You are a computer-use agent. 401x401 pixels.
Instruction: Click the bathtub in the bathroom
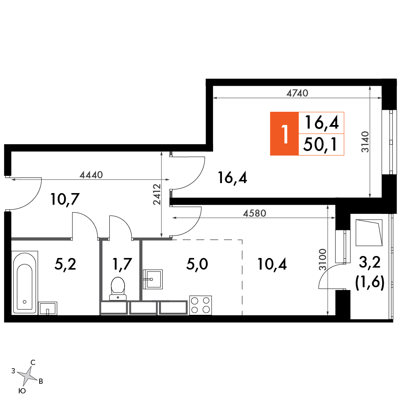coord(25,282)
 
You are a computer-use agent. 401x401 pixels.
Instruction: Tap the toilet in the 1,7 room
coord(118,288)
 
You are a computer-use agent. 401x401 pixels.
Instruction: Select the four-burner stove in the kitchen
coord(200,305)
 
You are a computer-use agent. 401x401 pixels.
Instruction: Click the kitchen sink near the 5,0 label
coord(153,279)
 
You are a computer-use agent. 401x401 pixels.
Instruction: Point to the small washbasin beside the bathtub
coord(48,308)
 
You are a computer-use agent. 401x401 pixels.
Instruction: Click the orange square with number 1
coord(284,133)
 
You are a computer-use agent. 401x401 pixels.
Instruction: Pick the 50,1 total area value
coord(321,145)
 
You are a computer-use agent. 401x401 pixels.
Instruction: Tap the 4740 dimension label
coord(297,93)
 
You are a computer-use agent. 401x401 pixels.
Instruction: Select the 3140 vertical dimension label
coord(365,142)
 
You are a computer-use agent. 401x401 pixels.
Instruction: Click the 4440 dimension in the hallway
coord(91,175)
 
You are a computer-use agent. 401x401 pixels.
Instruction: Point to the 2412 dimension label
coord(157,194)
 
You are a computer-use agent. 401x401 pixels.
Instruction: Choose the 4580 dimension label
coord(254,213)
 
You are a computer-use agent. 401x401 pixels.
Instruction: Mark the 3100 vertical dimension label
coord(323,259)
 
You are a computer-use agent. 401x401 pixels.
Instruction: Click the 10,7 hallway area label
coord(65,199)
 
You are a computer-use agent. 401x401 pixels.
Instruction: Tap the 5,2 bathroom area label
coord(65,264)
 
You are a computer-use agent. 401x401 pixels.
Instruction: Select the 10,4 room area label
coord(272,264)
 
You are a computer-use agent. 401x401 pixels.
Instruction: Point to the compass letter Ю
coord(22,391)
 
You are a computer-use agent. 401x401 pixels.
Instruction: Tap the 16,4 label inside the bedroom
coord(232,178)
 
